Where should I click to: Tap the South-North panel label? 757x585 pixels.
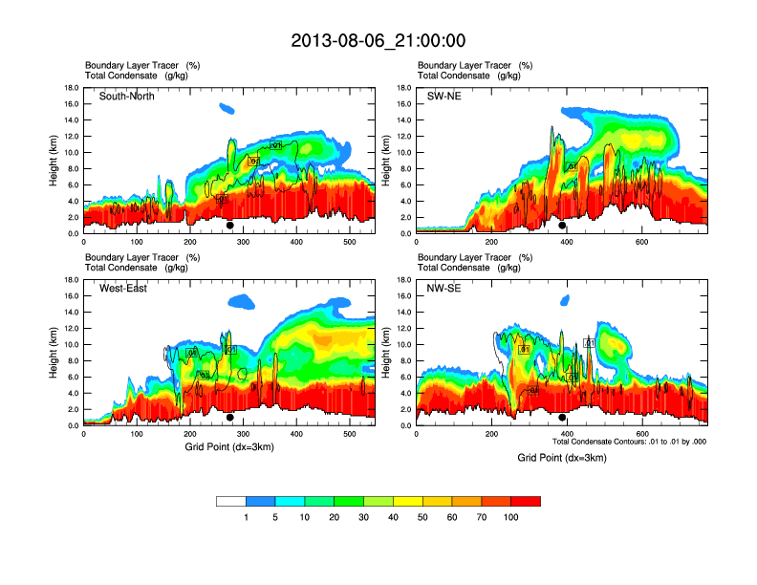click(127, 97)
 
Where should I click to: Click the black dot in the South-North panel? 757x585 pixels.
click(230, 226)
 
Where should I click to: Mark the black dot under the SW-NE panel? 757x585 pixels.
click(563, 226)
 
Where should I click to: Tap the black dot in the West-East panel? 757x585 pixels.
click(230, 418)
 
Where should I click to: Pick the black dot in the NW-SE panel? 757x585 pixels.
click(563, 418)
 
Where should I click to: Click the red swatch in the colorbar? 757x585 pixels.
click(526, 501)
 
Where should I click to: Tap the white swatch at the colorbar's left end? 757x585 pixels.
click(231, 501)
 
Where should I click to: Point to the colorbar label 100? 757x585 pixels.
click(511, 517)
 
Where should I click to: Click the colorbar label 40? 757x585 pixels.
click(394, 517)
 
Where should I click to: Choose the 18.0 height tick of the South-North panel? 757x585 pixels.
click(71, 88)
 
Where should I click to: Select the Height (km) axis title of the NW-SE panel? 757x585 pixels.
click(384, 352)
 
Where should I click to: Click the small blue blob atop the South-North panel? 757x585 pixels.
click(227, 108)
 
